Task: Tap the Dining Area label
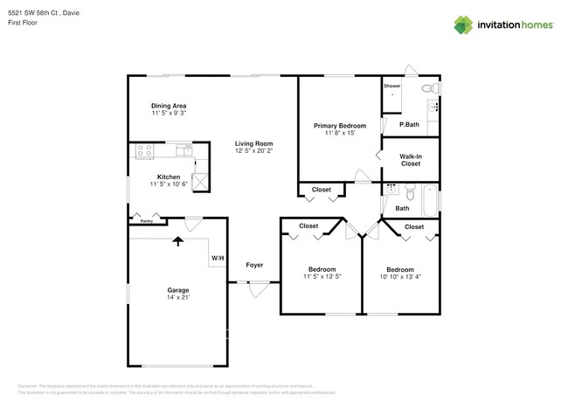tap(168, 106)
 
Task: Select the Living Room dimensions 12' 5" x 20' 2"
tap(253, 150)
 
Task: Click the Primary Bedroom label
tap(339, 126)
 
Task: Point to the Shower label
tap(391, 87)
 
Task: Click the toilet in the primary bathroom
tap(426, 88)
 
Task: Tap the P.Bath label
tap(409, 125)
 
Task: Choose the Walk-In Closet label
tap(410, 159)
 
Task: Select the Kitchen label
tap(169, 177)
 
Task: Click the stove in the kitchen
tap(145, 150)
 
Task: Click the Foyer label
tap(253, 265)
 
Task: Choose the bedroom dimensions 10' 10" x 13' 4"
tap(400, 277)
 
